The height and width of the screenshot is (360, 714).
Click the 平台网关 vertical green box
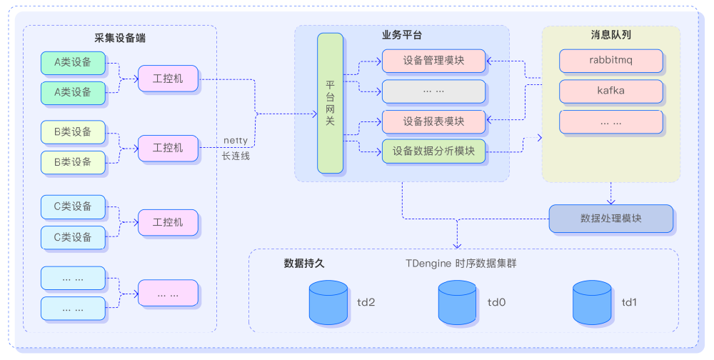pos(331,103)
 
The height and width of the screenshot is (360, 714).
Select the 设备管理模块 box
pos(433,61)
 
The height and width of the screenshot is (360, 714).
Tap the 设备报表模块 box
pos(433,121)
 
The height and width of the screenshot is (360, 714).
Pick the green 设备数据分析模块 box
pos(433,151)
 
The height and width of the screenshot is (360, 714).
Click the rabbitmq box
pos(610,61)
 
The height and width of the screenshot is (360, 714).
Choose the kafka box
pos(610,91)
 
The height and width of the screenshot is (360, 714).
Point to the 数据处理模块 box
pos(610,219)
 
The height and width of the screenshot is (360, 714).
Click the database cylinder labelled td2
pos(328,302)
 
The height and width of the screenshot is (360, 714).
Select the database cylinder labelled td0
pos(458,302)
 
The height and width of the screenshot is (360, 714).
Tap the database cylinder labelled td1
pos(592,302)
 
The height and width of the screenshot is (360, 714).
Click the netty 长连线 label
pos(236,147)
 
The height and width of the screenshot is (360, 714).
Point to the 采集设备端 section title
pos(121,37)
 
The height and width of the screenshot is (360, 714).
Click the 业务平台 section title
pos(401,35)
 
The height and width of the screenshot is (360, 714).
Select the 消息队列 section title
pos(610,35)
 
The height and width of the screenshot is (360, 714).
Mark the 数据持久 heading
pos(304,263)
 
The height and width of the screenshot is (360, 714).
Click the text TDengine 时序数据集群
pos(461,263)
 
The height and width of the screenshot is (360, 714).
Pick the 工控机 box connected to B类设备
pos(168,148)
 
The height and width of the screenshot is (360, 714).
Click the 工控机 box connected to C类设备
pos(168,222)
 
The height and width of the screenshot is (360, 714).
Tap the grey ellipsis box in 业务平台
pos(433,91)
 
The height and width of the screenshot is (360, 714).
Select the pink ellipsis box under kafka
pos(610,122)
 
